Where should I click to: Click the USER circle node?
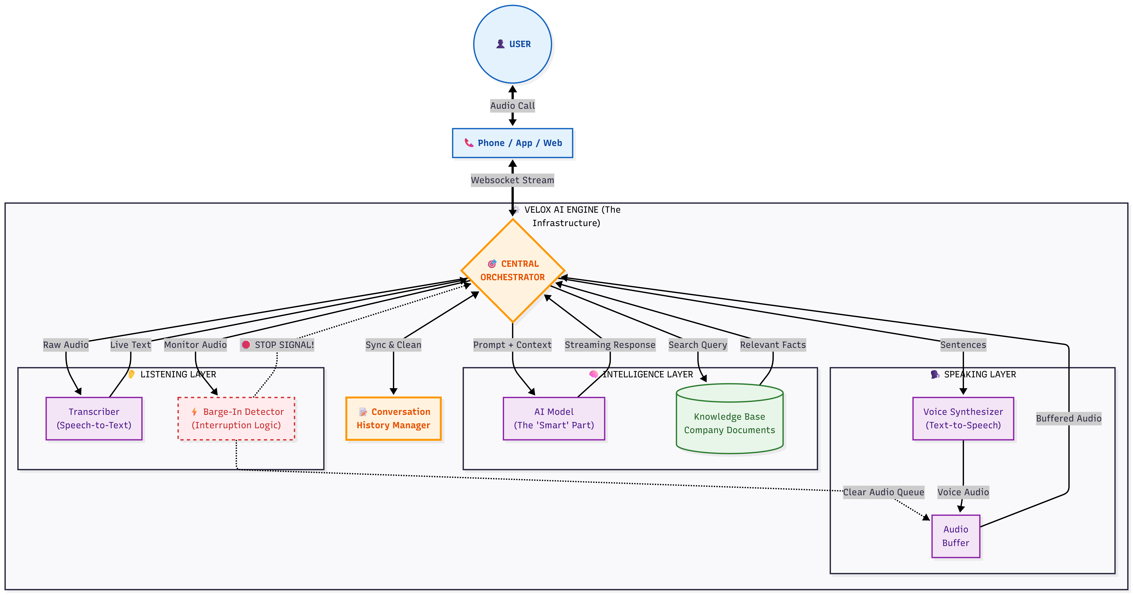tap(512, 44)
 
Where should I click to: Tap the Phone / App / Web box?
tap(512, 143)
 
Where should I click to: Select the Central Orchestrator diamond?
tap(512, 271)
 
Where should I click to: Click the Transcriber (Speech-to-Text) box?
tap(94, 419)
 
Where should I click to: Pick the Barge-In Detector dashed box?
tap(236, 419)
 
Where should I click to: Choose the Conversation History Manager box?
tap(393, 419)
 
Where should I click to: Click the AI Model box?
tap(554, 419)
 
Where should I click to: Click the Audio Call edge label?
tap(512, 106)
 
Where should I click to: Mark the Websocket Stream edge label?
tap(512, 180)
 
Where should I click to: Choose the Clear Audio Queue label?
tap(883, 492)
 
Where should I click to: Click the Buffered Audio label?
tap(1068, 419)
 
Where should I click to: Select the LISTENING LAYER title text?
tap(178, 375)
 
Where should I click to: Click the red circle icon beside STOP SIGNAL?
tap(246, 345)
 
